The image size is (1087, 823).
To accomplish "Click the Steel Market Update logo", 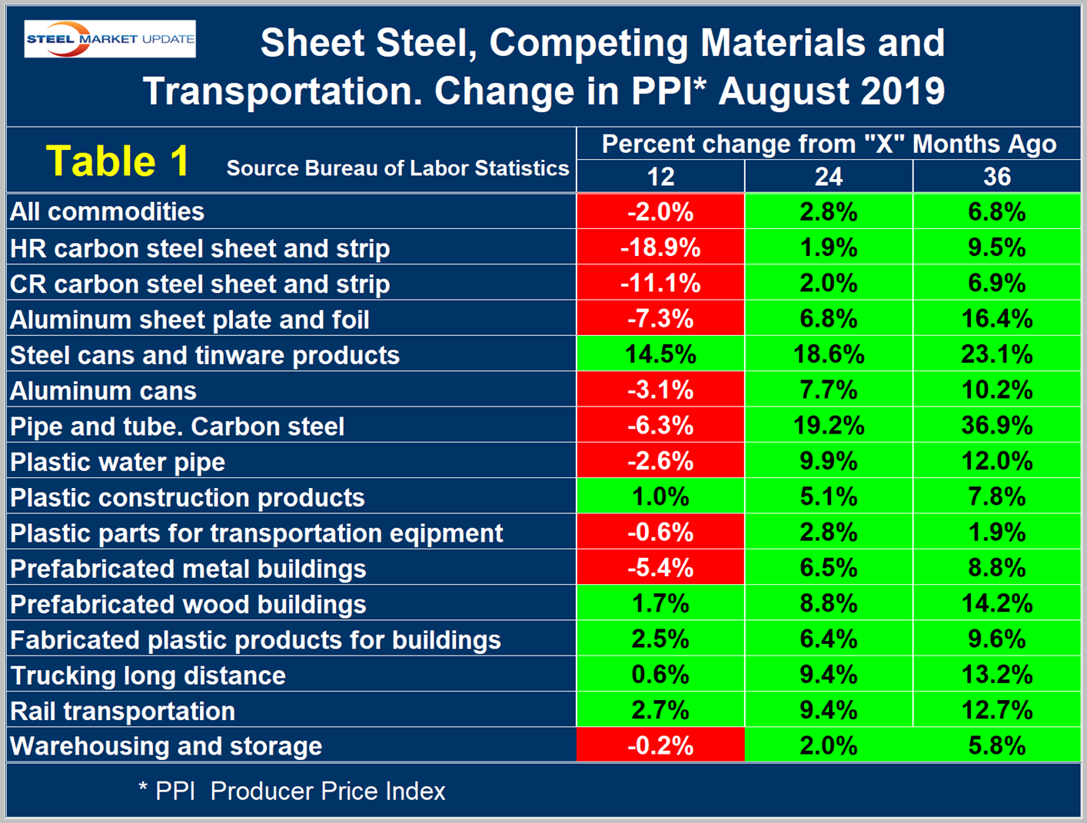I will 110,39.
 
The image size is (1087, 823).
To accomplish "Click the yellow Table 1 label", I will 118,161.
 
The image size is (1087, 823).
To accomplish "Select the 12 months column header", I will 660,178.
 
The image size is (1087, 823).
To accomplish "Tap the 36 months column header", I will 997,178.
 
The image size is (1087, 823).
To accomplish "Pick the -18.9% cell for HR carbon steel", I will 660,247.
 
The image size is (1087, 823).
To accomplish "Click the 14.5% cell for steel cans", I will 660,354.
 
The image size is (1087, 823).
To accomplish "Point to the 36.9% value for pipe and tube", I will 997,426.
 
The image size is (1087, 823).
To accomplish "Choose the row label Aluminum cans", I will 103,391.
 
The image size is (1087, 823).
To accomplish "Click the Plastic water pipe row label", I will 118,462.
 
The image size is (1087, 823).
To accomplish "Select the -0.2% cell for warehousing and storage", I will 660,745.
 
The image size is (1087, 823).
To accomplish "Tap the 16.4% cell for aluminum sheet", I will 997,319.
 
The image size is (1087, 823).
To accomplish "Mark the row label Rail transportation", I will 122,711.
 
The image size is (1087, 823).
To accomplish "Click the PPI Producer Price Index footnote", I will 292,791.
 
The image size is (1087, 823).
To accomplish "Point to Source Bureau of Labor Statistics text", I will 397,168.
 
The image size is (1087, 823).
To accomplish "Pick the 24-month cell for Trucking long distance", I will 828,675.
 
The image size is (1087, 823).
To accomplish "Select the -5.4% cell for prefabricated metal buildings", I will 660,568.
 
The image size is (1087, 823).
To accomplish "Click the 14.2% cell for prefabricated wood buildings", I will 997,604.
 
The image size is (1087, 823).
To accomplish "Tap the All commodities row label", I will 107,212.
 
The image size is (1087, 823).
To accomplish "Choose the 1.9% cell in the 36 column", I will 997,533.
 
